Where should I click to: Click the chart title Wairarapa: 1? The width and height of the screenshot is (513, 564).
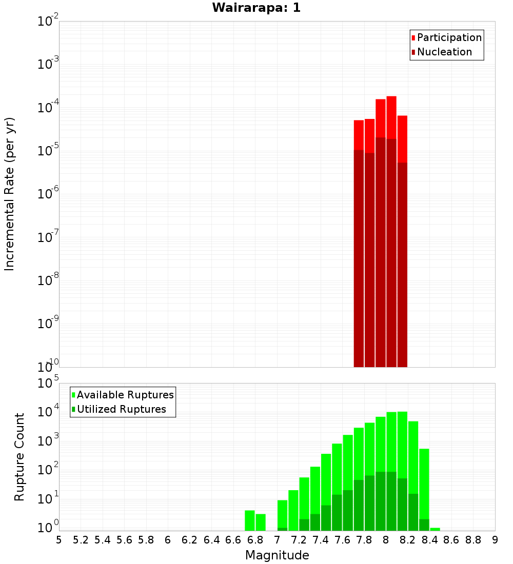[x=256, y=8]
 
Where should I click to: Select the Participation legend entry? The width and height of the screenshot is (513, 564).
[x=449, y=38]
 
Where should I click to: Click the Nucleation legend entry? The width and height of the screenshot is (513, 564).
[x=444, y=52]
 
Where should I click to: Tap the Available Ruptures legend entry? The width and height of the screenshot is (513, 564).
[x=125, y=395]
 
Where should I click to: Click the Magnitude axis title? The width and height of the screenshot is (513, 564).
[x=277, y=555]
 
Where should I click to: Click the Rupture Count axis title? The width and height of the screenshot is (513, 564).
[x=19, y=456]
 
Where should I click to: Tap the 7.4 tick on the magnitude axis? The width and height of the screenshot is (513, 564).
[x=321, y=540]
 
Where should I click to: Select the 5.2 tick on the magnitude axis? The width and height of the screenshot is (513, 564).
[x=81, y=540]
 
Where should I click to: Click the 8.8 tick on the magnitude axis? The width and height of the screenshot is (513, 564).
[x=473, y=540]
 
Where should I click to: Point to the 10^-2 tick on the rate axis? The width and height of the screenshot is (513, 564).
[x=48, y=22]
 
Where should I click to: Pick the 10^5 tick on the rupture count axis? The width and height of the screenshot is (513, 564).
[x=48, y=383]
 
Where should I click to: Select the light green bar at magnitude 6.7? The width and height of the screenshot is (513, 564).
[x=250, y=520]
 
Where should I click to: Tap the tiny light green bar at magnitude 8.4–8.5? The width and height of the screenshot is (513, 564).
[x=435, y=529]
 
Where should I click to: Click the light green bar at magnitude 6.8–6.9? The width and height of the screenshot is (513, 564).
[x=261, y=522]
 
